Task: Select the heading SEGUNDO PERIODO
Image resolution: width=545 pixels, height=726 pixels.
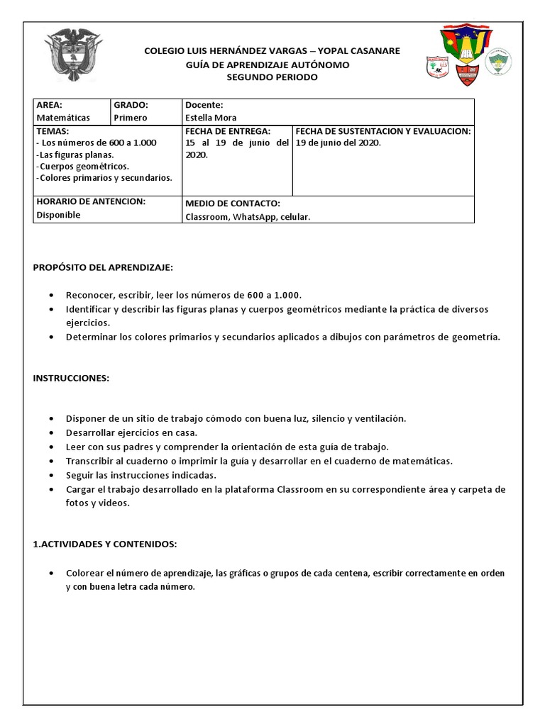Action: [272, 77]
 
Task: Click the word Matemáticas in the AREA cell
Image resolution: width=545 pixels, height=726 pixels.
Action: [63, 118]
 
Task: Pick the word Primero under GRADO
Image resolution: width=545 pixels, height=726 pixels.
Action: [131, 118]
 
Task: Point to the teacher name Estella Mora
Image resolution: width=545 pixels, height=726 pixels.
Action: [211, 118]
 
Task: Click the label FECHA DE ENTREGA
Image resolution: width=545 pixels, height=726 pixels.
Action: [228, 131]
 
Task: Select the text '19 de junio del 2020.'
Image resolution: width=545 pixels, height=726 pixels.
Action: [338, 143]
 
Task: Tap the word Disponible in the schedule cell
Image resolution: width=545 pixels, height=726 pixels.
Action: [58, 215]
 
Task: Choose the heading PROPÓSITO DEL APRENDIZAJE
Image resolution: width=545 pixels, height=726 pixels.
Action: [103, 267]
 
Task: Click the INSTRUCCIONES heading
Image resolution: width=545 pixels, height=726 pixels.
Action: [71, 378]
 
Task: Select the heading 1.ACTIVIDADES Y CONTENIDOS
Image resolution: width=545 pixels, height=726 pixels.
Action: [104, 544]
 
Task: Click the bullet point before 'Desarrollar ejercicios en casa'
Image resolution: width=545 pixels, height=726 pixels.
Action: [53, 432]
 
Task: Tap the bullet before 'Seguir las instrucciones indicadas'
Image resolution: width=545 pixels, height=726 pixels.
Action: [53, 475]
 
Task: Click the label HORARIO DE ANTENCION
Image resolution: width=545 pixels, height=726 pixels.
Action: [90, 201]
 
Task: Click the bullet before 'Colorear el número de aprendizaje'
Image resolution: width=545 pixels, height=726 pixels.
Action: [53, 573]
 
